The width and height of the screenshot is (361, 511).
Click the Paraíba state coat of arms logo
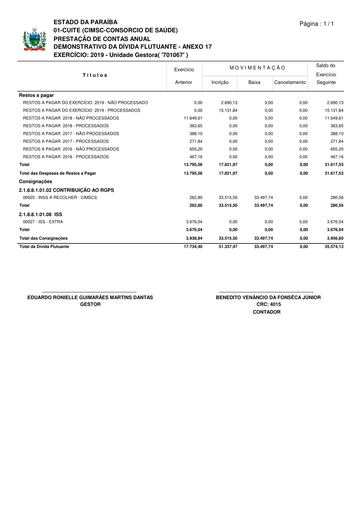tap(34, 39)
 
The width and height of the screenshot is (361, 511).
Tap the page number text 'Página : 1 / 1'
tap(316, 24)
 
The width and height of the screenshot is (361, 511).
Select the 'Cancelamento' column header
tap(290, 82)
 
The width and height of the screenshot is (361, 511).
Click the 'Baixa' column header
tap(254, 82)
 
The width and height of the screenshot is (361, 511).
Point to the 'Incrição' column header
tap(220, 82)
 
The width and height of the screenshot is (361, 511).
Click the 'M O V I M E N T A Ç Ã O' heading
tap(258, 68)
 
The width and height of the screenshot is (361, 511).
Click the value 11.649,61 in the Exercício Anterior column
tap(193, 118)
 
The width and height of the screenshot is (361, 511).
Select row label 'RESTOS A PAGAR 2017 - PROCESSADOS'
tap(66, 141)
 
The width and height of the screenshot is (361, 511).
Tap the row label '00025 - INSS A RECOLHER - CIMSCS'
tap(60, 198)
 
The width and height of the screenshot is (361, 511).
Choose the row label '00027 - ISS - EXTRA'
tap(43, 222)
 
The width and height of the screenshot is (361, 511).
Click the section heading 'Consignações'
tap(35, 182)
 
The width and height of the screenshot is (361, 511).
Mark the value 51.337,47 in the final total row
tap(228, 247)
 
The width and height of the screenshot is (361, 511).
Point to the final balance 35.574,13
tap(334, 247)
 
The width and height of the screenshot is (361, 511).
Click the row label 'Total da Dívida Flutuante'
tap(44, 247)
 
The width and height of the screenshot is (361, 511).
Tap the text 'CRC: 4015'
tap(268, 304)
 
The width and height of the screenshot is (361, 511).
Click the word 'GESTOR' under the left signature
tap(90, 304)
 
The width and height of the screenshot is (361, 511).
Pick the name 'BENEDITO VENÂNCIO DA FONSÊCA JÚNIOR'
tap(268, 298)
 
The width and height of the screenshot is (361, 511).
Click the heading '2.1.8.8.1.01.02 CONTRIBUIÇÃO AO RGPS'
tap(67, 190)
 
